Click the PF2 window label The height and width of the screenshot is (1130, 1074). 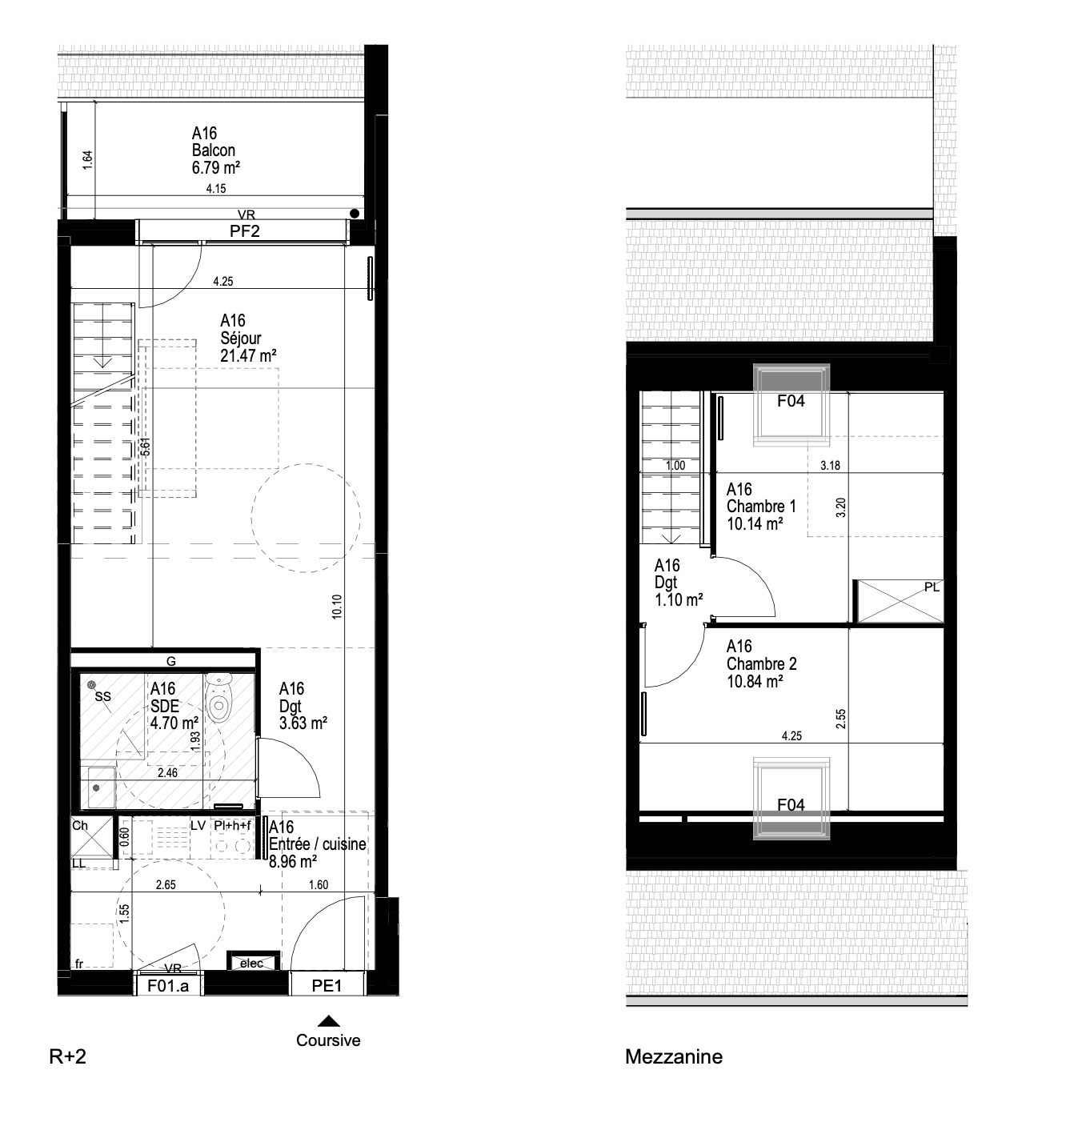click(244, 231)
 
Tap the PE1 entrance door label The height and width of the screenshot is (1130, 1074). click(327, 986)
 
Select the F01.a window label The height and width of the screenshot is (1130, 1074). click(168, 986)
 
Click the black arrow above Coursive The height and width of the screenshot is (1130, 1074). click(328, 1021)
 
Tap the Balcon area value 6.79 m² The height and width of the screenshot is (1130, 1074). click(215, 168)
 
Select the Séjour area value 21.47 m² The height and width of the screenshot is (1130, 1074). click(248, 356)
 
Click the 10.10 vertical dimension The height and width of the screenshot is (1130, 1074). click(337, 606)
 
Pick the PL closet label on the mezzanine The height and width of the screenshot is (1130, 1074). click(932, 587)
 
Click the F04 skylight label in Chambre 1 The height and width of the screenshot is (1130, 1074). click(791, 401)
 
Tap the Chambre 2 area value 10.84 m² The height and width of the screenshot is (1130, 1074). click(755, 681)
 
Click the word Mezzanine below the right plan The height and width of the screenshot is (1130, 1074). click(673, 1056)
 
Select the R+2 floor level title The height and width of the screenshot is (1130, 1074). click(68, 1056)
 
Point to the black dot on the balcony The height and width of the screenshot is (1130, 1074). click(355, 213)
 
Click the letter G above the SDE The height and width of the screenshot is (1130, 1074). click(170, 662)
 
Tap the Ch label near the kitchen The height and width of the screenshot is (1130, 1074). click(80, 825)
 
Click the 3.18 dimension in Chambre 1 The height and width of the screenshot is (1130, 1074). click(830, 466)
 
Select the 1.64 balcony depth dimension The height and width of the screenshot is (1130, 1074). click(87, 160)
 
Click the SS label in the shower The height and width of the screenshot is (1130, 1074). click(103, 696)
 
